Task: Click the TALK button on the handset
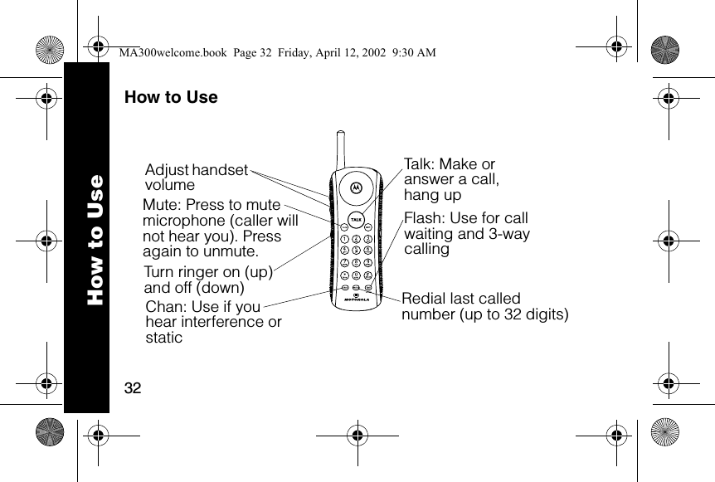pos(356,219)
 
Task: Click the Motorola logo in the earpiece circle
pos(357,187)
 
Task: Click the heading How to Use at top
pos(171,97)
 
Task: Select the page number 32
pos(132,388)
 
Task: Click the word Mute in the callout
pos(160,205)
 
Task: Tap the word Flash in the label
pos(423,218)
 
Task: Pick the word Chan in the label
pos(163,307)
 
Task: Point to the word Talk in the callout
pos(417,164)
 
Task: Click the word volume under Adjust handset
pos(170,185)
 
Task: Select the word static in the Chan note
pos(163,338)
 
